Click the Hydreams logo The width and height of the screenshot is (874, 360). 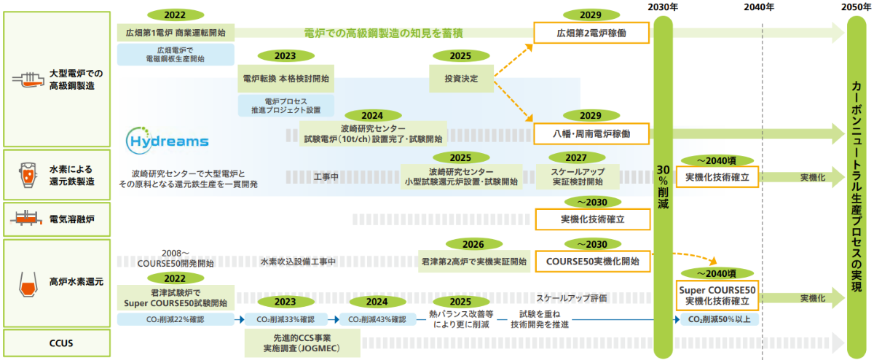pos(158,138)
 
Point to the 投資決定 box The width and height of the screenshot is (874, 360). pos(461,78)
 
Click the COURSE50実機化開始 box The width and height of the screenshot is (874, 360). pos(591,260)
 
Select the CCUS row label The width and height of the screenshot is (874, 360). pos(60,342)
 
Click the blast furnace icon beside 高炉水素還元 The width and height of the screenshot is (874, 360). pos(27,281)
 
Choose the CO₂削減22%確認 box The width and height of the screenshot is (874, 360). pos(175,319)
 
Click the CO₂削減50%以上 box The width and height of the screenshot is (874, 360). pos(720,319)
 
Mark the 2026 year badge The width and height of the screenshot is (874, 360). pos(473,243)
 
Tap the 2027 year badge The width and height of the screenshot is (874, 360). pos(575,157)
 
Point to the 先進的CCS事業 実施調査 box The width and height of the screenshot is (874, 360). pos(303,343)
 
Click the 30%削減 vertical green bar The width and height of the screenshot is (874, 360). pos(663,182)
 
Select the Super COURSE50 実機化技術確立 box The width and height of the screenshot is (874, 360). pos(719,295)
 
